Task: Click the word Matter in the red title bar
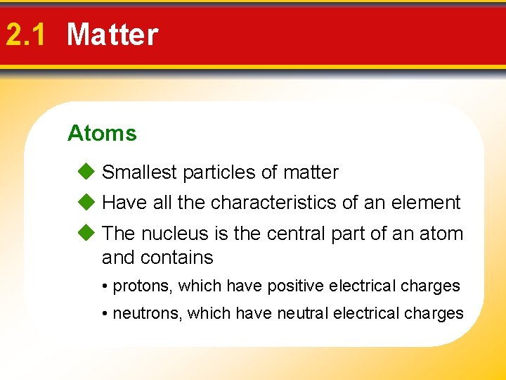tap(112, 34)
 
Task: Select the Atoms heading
tap(102, 133)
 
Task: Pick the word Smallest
tap(139, 172)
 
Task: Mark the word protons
tap(142, 286)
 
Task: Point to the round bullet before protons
tap(105, 286)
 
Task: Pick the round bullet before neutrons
tap(105, 314)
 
